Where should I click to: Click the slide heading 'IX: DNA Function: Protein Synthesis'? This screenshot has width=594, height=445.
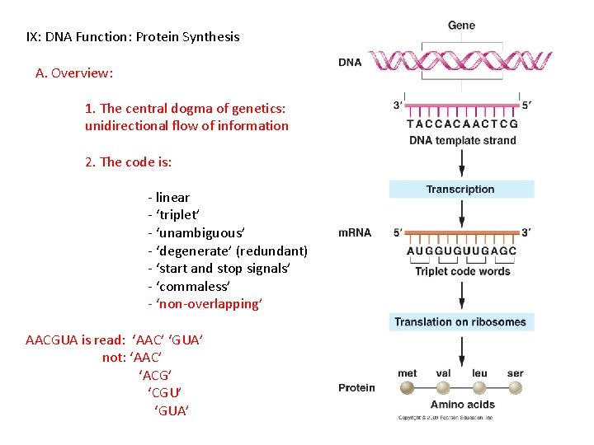point(133,36)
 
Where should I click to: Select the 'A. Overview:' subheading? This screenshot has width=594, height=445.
point(74,73)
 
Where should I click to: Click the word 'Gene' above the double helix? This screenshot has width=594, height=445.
point(461,25)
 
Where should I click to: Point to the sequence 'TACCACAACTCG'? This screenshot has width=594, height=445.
point(462,124)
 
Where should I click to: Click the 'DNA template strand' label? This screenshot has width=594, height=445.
point(462,140)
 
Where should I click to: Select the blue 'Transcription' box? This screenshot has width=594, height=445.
point(460,190)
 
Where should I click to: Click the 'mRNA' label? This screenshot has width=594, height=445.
point(355,233)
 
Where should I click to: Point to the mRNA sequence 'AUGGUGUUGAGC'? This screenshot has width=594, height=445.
point(462,251)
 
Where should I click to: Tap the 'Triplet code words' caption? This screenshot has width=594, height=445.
point(462,271)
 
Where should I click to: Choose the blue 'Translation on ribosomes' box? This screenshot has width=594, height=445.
point(460,321)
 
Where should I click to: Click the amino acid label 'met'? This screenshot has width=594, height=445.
point(408,373)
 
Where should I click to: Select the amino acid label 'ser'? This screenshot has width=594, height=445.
point(516,373)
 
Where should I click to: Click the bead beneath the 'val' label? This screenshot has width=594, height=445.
point(443,387)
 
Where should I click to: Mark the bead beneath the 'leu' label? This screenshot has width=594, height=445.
point(479,387)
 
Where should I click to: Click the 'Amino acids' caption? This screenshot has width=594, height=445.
point(462,405)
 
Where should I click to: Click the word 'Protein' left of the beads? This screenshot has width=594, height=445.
point(356,387)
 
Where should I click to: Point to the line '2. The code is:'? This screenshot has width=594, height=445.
point(128,162)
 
